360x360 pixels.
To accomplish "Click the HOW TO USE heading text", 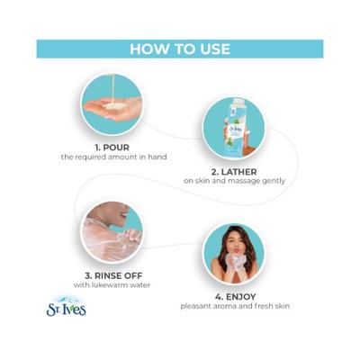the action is pos(180,49).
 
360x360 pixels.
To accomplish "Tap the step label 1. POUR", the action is pos(112,148).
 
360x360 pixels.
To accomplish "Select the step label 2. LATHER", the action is pos(234,172).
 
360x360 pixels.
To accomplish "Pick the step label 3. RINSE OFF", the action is pos(113,275).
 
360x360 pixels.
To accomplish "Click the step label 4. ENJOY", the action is pos(235,297).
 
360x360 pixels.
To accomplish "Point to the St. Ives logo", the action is pos(67,306).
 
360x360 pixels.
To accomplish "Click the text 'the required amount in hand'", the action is pos(113,157).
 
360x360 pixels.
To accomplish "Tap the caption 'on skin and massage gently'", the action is pos(234,181).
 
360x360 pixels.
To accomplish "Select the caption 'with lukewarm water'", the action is pos(112,284).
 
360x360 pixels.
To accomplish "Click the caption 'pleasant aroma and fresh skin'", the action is pos(235,306).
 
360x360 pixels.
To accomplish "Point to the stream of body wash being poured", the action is pos(113,88).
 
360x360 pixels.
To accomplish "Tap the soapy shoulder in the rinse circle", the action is pos(105,240).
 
